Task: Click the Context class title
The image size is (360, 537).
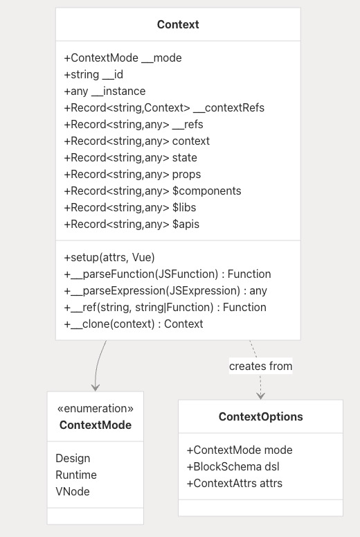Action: [178, 24]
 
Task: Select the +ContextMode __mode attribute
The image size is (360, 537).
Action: [123, 58]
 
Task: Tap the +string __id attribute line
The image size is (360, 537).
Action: [93, 74]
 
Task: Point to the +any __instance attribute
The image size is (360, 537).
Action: [105, 91]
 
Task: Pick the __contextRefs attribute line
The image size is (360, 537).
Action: [164, 108]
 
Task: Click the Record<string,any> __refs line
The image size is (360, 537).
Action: [134, 124]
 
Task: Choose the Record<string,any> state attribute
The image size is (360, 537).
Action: [130, 157]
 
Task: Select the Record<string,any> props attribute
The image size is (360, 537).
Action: [132, 175]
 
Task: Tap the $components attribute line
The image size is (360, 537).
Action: [152, 191]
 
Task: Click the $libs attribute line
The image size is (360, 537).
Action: [130, 208]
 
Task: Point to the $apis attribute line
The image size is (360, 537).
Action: [132, 224]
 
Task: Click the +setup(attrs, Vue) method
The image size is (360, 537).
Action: [109, 257]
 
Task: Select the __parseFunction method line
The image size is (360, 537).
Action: [168, 274]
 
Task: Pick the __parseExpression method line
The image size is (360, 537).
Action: [165, 290]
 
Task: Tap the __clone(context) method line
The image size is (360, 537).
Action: [134, 324]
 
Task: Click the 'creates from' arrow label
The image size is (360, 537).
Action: [261, 366]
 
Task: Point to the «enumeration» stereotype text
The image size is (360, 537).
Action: [96, 408]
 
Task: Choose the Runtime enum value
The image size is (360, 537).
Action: [76, 475]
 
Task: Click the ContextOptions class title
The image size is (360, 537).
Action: [261, 416]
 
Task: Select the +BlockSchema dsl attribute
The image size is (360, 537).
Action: [233, 466]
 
